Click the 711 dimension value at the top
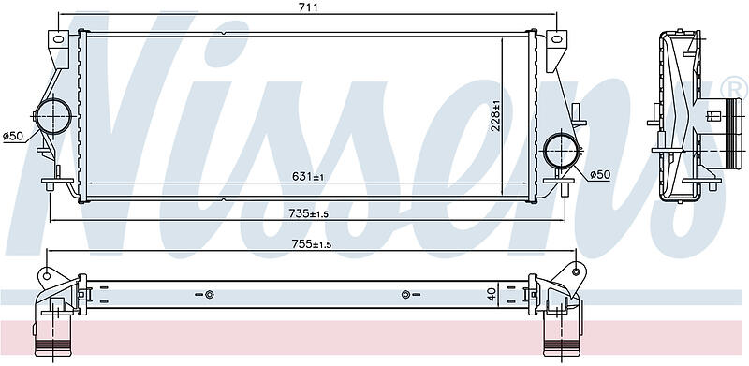pos(308,7)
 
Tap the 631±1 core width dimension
pos(308,176)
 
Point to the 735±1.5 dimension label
pos(309,213)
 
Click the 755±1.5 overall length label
pos(312,244)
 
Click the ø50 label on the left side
pos(13,136)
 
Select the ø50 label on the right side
pos(600,175)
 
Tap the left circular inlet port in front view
pos(53,116)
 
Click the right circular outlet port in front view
pos(563,152)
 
